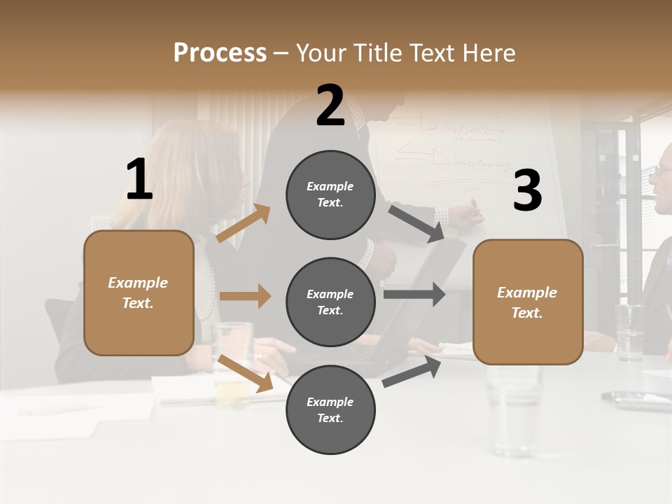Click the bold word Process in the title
[x=220, y=52]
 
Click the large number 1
[x=139, y=180]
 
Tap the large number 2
[x=330, y=106]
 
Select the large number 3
[x=527, y=191]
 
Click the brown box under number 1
[x=139, y=293]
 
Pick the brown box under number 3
[x=528, y=302]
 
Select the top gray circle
[x=330, y=195]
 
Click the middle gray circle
[x=330, y=302]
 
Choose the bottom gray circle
[x=330, y=410]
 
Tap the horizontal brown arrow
[x=245, y=296]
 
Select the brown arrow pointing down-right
[x=246, y=373]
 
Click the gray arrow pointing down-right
[x=416, y=223]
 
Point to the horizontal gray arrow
[x=414, y=294]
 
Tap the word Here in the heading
[x=490, y=52]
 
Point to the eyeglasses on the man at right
[x=662, y=170]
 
